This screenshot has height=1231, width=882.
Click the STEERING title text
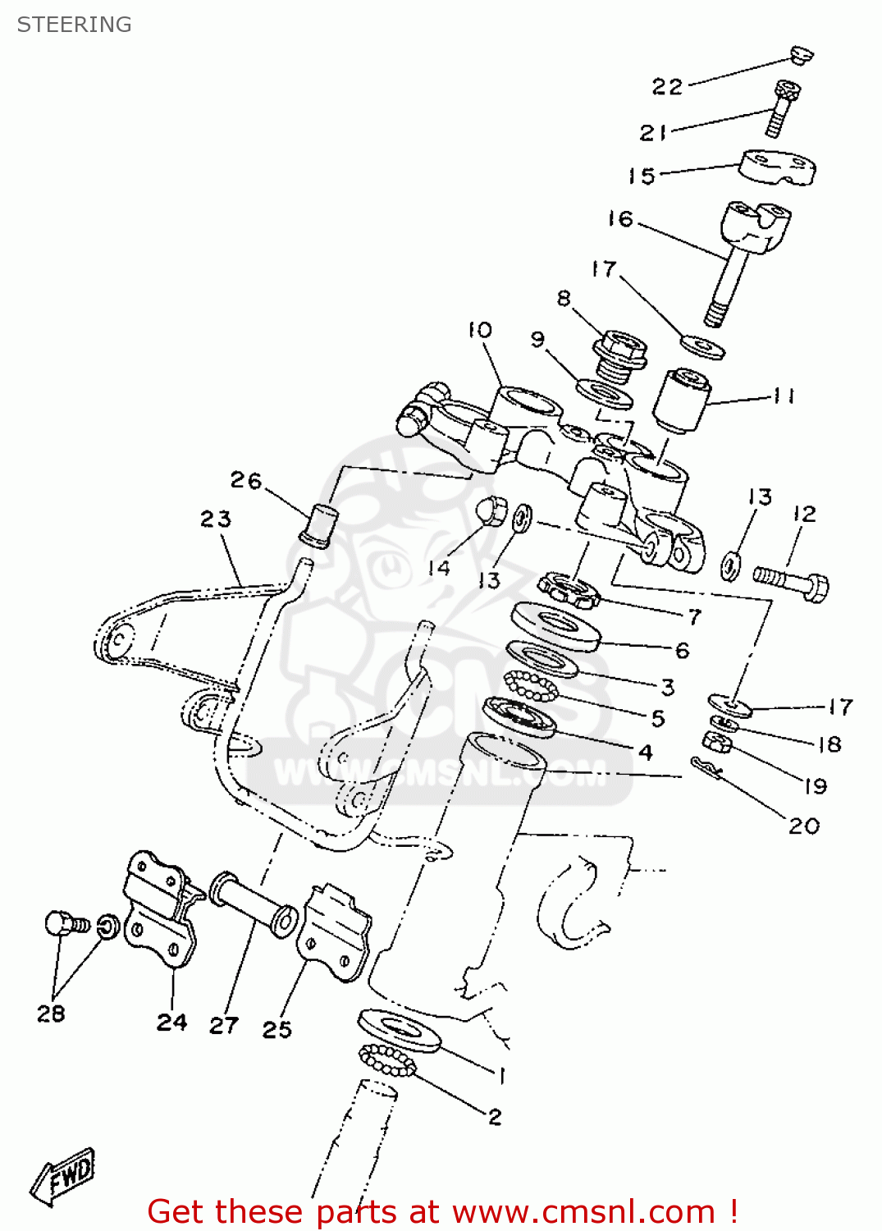point(74,25)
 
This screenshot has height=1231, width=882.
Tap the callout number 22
point(667,87)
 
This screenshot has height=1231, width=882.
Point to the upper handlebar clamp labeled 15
point(777,167)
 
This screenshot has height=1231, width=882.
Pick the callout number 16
point(620,219)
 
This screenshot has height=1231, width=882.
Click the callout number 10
point(480,330)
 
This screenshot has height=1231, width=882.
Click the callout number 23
point(216,519)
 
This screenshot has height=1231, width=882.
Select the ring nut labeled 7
point(567,590)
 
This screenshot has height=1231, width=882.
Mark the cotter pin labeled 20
point(705,767)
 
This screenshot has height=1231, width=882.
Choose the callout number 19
point(815,786)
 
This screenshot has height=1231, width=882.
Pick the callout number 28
point(50,1014)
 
